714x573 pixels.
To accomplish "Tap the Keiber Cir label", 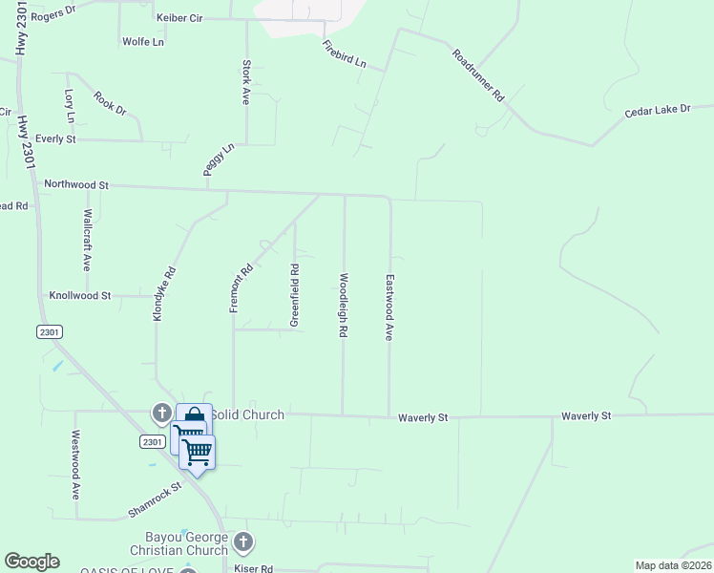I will click(181, 18).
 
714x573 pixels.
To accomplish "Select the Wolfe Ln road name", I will click(143, 42).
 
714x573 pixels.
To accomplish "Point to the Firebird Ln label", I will click(345, 54).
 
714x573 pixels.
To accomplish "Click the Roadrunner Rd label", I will click(477, 76).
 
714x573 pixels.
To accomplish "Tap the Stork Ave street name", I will click(246, 83).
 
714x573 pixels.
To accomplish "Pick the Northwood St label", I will click(76, 183).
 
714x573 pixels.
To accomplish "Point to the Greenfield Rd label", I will click(295, 295).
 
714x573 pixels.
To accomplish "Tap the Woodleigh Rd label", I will click(342, 306).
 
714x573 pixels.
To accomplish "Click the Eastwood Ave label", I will click(389, 308).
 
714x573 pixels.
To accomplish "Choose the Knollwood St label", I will click(80, 296).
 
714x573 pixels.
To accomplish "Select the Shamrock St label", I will click(155, 501).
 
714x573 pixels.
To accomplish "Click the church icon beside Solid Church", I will click(161, 413).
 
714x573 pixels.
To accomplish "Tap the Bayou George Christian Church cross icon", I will click(243, 541).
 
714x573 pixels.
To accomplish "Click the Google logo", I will click(31, 562).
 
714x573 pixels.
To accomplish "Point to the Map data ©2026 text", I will click(672, 565).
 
